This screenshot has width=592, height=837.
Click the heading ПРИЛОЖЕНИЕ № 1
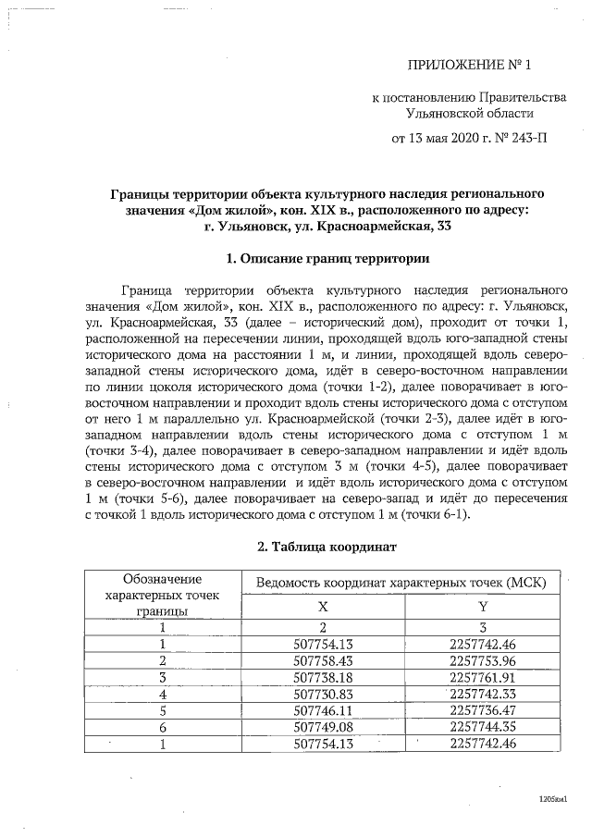pos(471,65)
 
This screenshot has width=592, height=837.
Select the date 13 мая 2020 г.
pos(446,140)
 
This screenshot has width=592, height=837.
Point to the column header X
pos(323,607)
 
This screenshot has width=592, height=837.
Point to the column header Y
pos(482,607)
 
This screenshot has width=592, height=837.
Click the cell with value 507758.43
pos(323,660)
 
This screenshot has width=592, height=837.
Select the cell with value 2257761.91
pos(482,677)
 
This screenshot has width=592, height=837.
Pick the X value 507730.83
pos(323,694)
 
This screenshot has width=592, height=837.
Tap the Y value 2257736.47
pos(482,710)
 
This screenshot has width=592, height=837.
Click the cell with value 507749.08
pos(323,727)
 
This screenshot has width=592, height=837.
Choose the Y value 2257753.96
pos(482,660)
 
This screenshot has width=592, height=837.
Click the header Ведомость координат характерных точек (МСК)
pos(401,582)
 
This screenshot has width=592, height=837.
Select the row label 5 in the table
pos(163,710)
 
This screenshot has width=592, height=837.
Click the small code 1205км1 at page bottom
pos(552,798)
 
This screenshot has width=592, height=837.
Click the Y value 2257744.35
pos(482,727)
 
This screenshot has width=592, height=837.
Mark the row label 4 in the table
pos(163,694)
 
